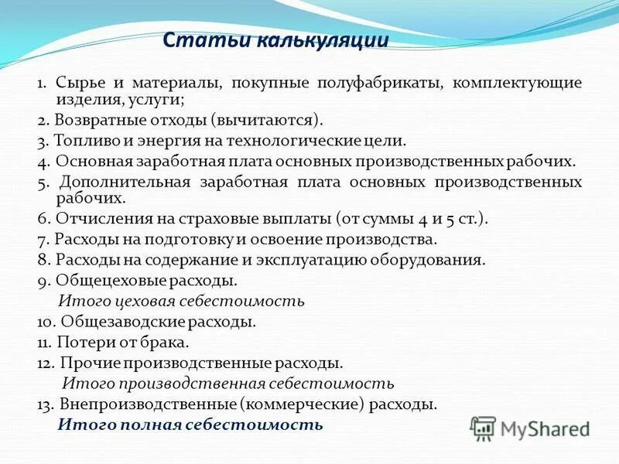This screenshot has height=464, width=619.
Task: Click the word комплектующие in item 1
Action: point(518,83)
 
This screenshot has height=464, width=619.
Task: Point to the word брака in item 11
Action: point(167,340)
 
